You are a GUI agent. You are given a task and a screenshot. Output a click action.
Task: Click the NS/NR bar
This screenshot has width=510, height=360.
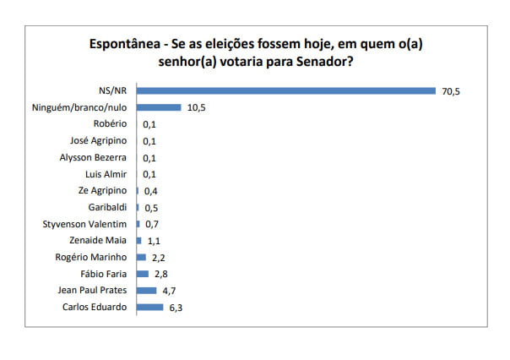(285, 90)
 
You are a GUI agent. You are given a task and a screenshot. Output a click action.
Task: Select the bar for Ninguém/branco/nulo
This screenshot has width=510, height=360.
(159, 107)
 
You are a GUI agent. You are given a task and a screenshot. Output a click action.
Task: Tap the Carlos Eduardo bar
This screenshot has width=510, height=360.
(149, 307)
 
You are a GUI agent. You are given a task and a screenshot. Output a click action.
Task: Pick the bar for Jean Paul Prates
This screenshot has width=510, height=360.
(146, 290)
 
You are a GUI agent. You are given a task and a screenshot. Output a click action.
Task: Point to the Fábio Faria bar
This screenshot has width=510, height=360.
(142, 273)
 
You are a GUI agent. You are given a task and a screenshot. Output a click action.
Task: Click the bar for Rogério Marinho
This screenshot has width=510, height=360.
(141, 257)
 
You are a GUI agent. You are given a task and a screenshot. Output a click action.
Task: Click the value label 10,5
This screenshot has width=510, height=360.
(195, 107)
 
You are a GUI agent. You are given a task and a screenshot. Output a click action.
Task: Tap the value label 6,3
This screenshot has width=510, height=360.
(175, 307)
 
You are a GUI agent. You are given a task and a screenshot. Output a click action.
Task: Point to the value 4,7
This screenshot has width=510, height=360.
(168, 290)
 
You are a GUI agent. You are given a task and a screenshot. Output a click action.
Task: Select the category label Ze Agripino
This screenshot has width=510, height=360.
(102, 190)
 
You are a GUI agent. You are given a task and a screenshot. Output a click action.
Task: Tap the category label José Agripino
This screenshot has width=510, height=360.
(100, 140)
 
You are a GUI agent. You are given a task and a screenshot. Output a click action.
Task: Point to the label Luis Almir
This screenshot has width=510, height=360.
(107, 174)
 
